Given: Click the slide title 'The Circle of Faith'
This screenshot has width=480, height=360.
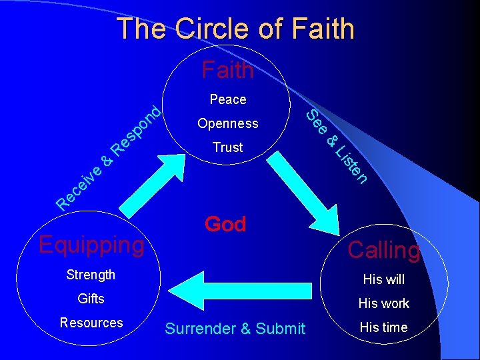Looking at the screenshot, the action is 235,29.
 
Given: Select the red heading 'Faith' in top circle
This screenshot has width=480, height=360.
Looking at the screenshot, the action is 227,69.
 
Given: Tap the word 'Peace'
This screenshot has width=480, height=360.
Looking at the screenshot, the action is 227,99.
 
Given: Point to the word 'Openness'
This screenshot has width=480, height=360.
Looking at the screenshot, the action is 227,123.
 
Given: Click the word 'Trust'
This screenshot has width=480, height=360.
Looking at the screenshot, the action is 227,147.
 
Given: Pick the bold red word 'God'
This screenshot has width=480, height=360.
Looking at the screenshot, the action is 225,224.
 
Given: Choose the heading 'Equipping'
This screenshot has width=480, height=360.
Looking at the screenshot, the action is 91,245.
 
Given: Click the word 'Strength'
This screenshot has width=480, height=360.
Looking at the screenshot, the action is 91,275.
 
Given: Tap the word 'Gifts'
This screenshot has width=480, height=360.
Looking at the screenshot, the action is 91,299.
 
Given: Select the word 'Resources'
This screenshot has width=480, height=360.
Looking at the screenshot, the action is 91,323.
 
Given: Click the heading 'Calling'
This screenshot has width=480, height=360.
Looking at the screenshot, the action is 384,250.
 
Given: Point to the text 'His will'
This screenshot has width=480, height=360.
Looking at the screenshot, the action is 383,279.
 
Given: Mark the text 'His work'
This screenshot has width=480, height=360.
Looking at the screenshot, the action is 383,303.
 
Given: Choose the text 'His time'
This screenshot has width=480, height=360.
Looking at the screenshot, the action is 383,327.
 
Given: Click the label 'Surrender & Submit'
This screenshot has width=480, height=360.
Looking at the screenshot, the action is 235,329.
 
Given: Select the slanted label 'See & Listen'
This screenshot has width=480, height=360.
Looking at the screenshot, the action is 337,147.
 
